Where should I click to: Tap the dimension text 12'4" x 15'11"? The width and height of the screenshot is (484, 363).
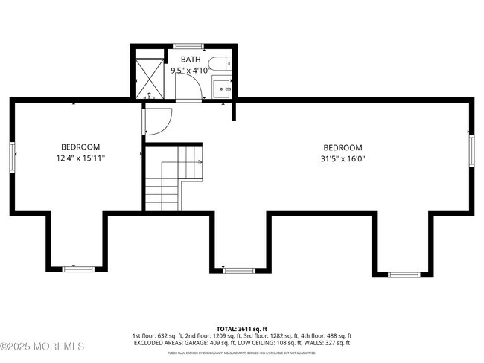coord(80,158)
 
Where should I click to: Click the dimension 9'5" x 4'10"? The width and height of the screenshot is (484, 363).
coord(189,71)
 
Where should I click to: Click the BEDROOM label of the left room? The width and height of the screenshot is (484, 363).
coord(80,147)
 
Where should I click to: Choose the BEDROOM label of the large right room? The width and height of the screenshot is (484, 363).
coord(343,147)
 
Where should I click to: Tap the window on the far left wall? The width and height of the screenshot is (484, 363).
coord(13,158)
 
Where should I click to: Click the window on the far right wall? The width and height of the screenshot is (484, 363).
coord(471,150)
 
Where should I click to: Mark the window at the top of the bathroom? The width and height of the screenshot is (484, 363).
coord(189,46)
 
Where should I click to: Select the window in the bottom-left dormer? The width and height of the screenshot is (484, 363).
coord(78,269)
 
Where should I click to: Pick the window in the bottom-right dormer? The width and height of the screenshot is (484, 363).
coord(404,274)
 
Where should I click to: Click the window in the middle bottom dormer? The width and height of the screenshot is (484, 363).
coord(240,270)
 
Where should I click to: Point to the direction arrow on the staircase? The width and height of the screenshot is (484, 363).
coord(196,161)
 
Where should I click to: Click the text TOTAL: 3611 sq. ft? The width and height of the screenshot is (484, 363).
coord(242,328)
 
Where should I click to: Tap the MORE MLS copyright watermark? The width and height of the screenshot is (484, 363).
coord(42,347)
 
